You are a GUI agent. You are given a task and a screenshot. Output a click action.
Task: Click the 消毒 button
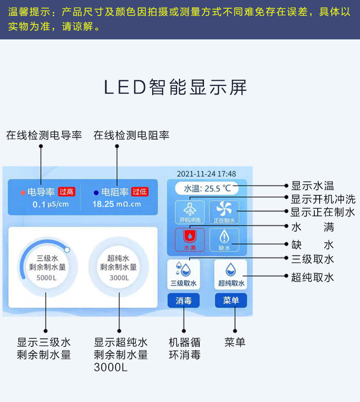coord(183,301)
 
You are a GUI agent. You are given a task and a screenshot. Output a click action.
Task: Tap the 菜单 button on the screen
coord(231,301)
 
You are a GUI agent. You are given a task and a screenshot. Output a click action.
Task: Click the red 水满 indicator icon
coord(190,239)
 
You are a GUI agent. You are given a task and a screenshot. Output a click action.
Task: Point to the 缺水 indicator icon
coord(224,239)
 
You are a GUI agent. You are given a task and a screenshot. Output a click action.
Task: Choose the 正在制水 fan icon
coord(224,211)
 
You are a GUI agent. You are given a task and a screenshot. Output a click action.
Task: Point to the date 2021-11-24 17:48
coord(206,174)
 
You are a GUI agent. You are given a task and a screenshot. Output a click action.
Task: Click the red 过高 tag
coord(67,192)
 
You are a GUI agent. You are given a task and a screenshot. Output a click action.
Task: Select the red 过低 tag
coord(140,192)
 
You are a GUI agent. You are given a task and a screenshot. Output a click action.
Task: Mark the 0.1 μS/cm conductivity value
coord(50,204)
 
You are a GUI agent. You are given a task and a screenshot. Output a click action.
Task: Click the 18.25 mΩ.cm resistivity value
coord(117,204)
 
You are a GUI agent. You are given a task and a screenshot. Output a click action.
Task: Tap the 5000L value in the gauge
coord(46,278)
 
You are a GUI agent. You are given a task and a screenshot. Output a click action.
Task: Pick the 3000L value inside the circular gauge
coord(119,278)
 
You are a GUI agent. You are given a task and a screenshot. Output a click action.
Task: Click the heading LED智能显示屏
coord(176,87)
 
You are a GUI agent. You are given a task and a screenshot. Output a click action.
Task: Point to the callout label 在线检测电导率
coord(44,135)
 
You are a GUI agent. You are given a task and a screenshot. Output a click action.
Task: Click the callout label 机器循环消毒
coord(185,349)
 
